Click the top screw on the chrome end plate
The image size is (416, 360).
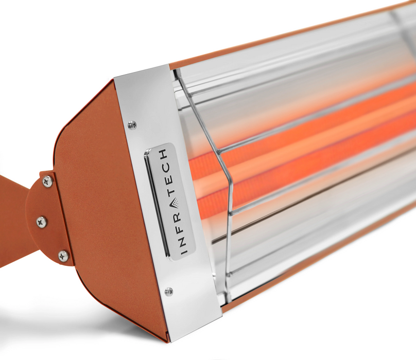pyautogui.click(x=132, y=124)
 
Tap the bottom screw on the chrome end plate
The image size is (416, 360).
pyautogui.click(x=168, y=292)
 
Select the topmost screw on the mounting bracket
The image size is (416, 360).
pyautogui.click(x=47, y=181)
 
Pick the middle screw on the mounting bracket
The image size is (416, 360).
pyautogui.click(x=41, y=222)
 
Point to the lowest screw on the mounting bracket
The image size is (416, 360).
pyautogui.click(x=63, y=256)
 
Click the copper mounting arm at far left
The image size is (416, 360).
pyautogui.click(x=13, y=221)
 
